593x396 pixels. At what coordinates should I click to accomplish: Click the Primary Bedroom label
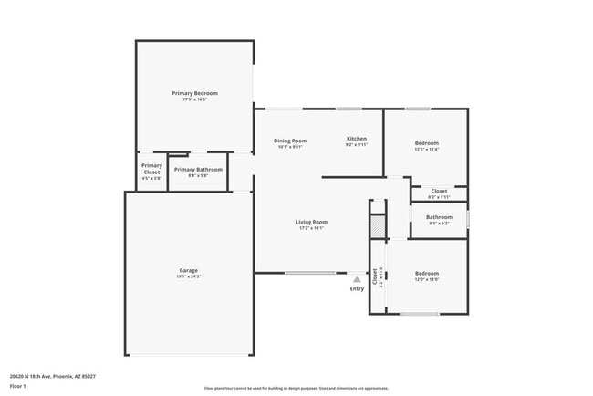click(x=195, y=93)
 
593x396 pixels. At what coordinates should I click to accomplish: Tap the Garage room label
click(x=189, y=269)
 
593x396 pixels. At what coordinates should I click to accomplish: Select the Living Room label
click(x=311, y=222)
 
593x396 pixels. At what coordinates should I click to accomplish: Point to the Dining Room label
click(x=290, y=141)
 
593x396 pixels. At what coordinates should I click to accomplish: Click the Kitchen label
click(x=356, y=140)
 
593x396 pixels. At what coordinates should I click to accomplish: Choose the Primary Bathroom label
click(x=198, y=169)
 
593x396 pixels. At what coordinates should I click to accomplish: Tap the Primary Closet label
click(x=151, y=169)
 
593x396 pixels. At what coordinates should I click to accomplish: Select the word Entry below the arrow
click(x=357, y=289)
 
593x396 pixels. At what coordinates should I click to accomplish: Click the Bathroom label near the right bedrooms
click(x=439, y=216)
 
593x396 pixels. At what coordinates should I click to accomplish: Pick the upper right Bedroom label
click(x=427, y=143)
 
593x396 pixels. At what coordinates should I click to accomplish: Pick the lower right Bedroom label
click(x=427, y=273)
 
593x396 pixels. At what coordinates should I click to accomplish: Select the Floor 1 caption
click(x=19, y=386)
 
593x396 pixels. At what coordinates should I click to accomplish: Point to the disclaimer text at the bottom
click(x=296, y=388)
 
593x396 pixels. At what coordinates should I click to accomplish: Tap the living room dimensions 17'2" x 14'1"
click(x=311, y=228)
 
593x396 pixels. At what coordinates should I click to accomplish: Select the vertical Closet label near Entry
click(x=374, y=276)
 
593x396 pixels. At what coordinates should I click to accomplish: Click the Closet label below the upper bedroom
click(x=439, y=191)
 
